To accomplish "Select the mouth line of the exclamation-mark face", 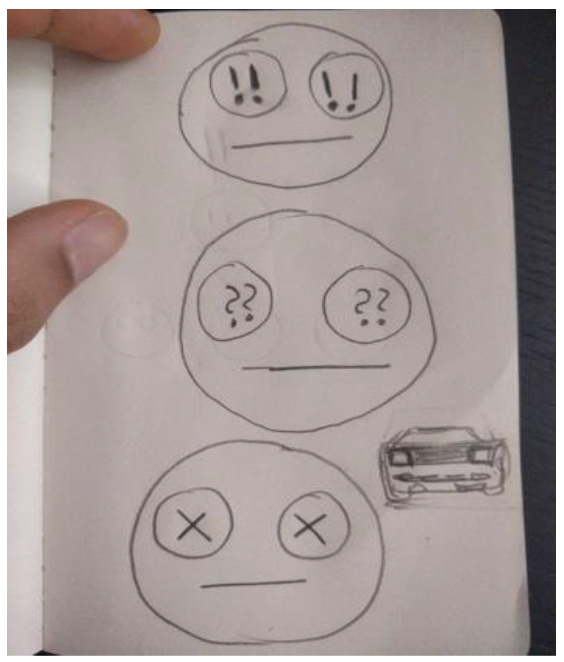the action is click(292, 142).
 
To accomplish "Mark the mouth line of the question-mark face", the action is click(316, 367).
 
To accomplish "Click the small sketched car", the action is click(444, 467).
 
